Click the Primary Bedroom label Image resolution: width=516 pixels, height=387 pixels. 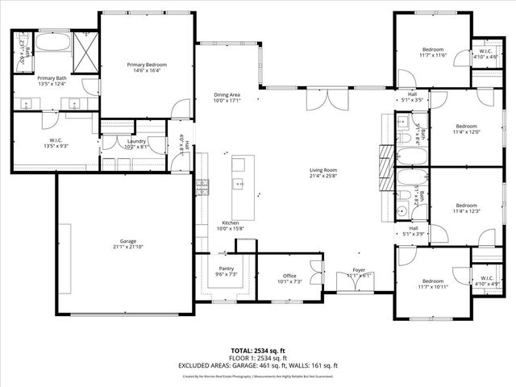pos(146,64)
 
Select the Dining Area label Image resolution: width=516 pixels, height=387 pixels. pos(227,94)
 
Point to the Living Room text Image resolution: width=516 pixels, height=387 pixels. pos(323,170)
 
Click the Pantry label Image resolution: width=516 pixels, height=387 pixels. pos(226,268)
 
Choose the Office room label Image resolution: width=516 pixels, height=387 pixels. pos(289,276)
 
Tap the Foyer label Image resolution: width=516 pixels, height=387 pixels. pos(357,269)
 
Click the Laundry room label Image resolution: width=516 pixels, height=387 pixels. pos(135,141)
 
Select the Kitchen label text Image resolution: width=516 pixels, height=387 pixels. pos(231,223)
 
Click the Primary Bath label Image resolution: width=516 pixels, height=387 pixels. pos(52,77)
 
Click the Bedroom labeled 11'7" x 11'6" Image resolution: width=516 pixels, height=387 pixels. pos(432,49)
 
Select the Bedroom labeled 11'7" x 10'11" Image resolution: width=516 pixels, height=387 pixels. pos(432,281)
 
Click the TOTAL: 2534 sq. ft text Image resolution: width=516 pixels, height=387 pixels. pos(257,352)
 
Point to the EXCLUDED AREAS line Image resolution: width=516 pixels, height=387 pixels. pos(257,365)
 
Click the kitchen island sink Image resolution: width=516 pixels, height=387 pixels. pos(239,185)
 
